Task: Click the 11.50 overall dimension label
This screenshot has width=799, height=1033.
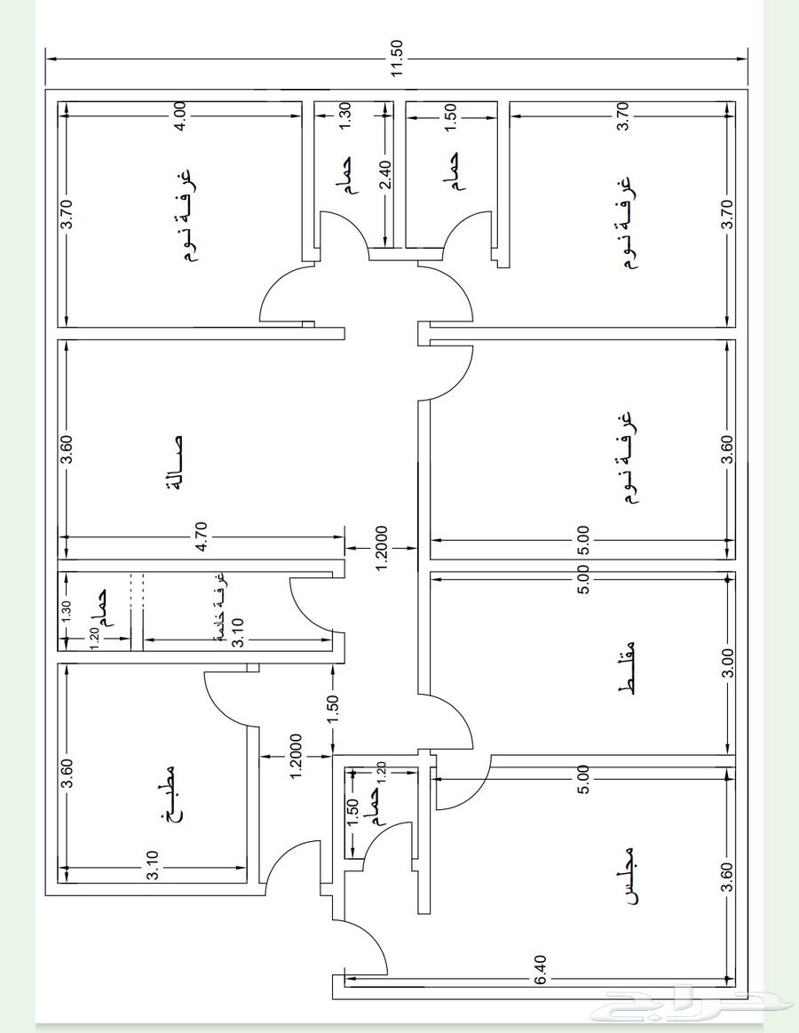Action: point(397,58)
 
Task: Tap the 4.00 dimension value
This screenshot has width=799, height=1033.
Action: point(180,116)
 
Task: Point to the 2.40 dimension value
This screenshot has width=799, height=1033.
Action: point(386,175)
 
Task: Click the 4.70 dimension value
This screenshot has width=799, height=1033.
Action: point(202,536)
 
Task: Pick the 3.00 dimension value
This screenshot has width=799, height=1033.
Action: point(726,664)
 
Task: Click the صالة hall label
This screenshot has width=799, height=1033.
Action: point(176,464)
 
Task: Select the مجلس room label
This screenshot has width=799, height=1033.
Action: point(630,876)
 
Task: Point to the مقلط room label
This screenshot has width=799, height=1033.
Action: point(628,666)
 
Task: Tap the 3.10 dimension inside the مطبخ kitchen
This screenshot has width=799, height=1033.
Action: point(152,866)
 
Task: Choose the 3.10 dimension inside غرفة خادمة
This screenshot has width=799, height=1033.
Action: point(238,632)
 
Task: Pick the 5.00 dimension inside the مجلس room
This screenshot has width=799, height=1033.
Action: point(582,779)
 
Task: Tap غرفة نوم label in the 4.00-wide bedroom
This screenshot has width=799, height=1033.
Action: point(187,216)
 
